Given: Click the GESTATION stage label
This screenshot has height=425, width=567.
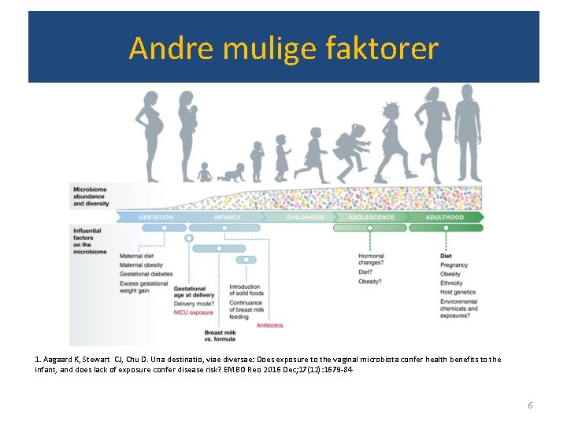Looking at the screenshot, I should [156, 217].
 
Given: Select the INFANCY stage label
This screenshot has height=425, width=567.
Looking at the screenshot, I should [228, 217].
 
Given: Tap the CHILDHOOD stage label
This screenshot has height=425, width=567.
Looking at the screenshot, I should [305, 217].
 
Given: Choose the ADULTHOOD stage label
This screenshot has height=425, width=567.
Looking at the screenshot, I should [445, 217].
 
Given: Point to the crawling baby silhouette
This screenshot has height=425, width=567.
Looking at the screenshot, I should [232, 172].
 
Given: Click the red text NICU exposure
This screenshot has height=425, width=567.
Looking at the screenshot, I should [194, 312].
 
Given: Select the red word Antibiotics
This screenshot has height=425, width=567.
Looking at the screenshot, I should [269, 325].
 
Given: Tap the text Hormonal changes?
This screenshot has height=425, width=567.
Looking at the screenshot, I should [372, 261].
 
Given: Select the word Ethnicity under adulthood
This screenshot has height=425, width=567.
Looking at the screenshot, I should [452, 283].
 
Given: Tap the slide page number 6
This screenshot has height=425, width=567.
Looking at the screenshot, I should [530, 405].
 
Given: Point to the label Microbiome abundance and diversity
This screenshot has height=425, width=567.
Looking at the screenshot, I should [91, 197].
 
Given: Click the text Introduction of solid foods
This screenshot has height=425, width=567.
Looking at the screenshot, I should [245, 291].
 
